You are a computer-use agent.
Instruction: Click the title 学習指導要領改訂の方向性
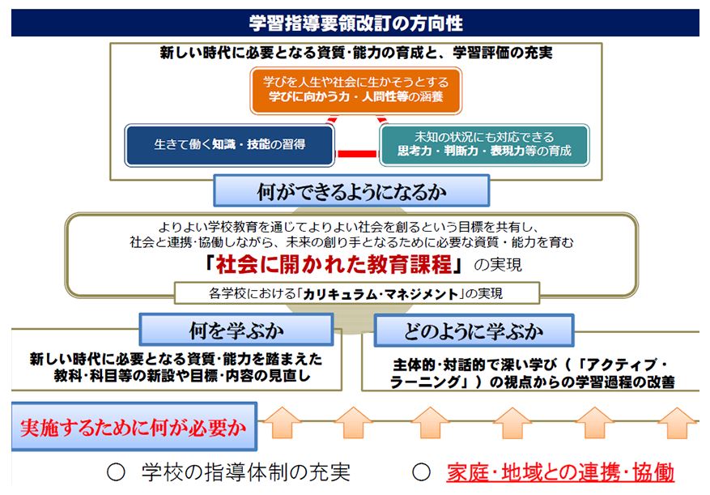click(x=355, y=23)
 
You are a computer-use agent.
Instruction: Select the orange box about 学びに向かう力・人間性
click(x=356, y=90)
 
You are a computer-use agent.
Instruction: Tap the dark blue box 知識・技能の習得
click(x=230, y=145)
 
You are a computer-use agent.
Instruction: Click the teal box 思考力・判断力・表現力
click(x=484, y=144)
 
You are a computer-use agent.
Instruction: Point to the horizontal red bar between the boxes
click(x=357, y=154)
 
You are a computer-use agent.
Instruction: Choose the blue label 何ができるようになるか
click(x=351, y=191)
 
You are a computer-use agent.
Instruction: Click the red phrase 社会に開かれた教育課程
click(x=334, y=264)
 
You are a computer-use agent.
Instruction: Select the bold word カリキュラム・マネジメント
click(x=381, y=294)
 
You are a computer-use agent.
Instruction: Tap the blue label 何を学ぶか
click(x=236, y=330)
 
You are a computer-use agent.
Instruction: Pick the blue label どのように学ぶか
click(x=474, y=331)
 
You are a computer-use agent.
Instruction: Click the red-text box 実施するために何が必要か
click(x=134, y=427)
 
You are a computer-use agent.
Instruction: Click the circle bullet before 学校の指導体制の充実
click(x=116, y=472)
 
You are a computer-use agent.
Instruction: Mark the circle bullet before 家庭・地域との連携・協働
click(x=421, y=472)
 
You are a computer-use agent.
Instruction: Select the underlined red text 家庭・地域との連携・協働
click(x=560, y=472)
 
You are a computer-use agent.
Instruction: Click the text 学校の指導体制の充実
click(x=246, y=472)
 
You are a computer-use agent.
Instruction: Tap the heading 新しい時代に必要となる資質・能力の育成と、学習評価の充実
click(x=356, y=53)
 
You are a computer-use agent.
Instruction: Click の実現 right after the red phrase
click(x=498, y=265)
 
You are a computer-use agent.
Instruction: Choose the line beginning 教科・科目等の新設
click(x=182, y=376)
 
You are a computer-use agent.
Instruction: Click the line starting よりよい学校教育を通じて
click(x=348, y=227)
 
